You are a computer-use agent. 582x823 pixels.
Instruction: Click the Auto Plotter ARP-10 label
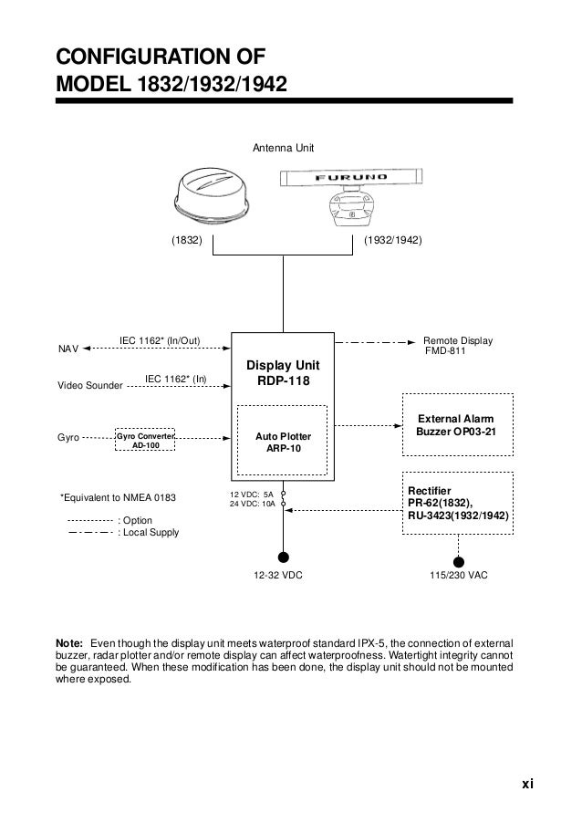click(x=283, y=443)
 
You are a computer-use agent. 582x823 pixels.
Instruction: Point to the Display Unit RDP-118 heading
click(x=282, y=374)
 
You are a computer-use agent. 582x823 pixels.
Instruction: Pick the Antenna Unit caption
click(x=283, y=147)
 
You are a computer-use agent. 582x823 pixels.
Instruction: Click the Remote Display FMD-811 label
click(x=458, y=346)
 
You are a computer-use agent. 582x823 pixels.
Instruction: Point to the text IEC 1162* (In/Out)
click(x=160, y=341)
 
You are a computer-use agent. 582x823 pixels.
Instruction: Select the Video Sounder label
click(x=89, y=387)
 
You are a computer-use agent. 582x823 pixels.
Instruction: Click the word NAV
click(x=68, y=349)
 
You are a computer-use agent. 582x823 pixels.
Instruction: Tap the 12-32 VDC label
click(x=278, y=578)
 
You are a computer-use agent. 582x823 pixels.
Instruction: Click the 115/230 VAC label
click(x=458, y=578)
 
